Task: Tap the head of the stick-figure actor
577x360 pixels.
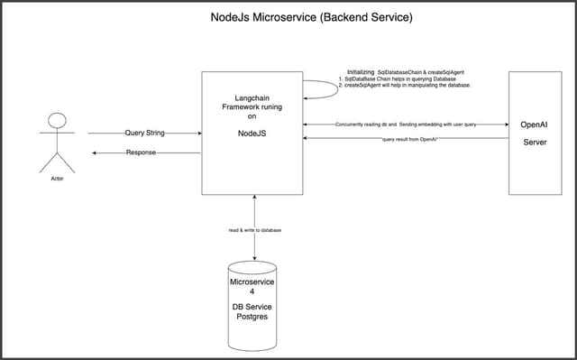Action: tap(57, 121)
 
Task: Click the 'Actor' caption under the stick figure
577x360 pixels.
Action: tap(57, 179)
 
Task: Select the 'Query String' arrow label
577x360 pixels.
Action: tap(143, 133)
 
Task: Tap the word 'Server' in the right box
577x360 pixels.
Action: tap(538, 142)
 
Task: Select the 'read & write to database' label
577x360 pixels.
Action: tap(254, 230)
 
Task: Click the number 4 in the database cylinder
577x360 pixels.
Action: tap(252, 292)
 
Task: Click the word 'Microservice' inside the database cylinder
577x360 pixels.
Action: tap(252, 282)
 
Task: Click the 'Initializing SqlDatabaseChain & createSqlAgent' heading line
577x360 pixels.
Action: tap(406, 70)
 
